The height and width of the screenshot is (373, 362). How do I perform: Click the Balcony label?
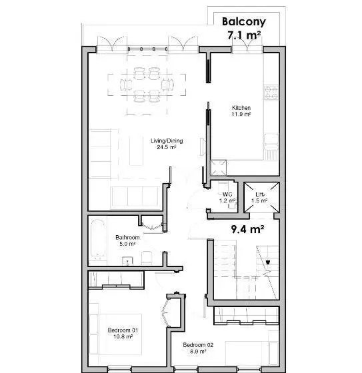coord(244,21)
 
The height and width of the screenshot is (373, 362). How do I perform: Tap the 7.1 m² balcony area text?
coord(244,35)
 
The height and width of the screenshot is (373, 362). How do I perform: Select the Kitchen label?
coord(241,108)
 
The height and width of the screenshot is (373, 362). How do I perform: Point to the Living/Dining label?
coord(167,141)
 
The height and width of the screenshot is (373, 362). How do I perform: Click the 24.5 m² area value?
coord(167,147)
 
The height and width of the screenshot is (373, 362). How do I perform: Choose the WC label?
coord(227,194)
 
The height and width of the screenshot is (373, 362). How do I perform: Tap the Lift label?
coord(259,194)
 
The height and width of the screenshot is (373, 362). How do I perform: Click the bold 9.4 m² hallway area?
coord(247,229)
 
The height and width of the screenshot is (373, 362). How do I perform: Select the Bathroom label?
coord(127,237)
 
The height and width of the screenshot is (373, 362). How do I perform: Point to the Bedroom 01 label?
coord(123,330)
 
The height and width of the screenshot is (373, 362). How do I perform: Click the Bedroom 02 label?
coord(198,345)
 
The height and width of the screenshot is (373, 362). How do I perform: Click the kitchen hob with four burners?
coord(271,93)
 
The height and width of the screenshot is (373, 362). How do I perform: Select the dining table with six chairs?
coord(147,85)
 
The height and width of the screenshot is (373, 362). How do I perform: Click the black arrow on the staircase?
coord(268,262)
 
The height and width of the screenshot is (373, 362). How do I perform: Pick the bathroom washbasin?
coord(128,260)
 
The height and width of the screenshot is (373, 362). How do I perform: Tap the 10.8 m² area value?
coord(123,336)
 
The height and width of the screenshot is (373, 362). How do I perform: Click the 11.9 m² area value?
coord(241,114)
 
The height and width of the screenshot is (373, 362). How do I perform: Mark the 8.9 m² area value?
coord(198,351)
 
